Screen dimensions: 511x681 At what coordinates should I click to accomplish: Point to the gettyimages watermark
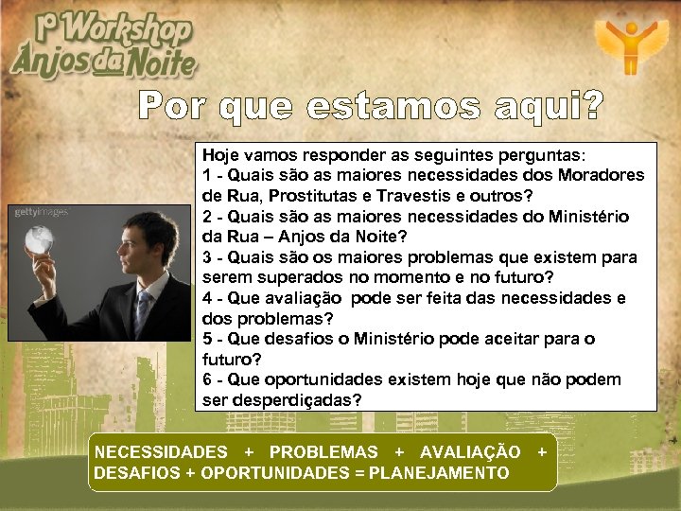41,212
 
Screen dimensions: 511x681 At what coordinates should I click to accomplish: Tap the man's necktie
142,312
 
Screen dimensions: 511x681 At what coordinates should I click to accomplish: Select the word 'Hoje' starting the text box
220,154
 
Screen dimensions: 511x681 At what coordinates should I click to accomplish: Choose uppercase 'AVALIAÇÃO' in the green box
470,452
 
